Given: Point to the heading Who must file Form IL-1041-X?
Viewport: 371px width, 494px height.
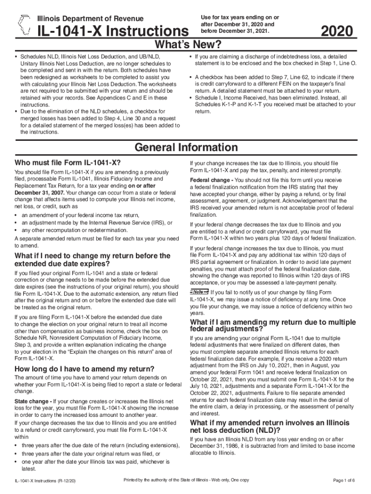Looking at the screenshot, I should click(x=68, y=163).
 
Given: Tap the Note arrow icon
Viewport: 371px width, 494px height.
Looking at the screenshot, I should click(x=199, y=292).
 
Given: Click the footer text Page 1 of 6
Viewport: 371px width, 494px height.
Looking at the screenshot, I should click(x=344, y=480).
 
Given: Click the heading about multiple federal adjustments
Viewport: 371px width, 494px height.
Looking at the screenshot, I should click(x=273, y=326).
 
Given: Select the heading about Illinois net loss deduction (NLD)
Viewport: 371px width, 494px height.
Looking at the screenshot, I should click(x=269, y=426).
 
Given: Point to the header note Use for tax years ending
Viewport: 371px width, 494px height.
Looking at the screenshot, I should click(x=239, y=24).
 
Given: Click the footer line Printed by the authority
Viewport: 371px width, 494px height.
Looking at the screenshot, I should click(x=186, y=480).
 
